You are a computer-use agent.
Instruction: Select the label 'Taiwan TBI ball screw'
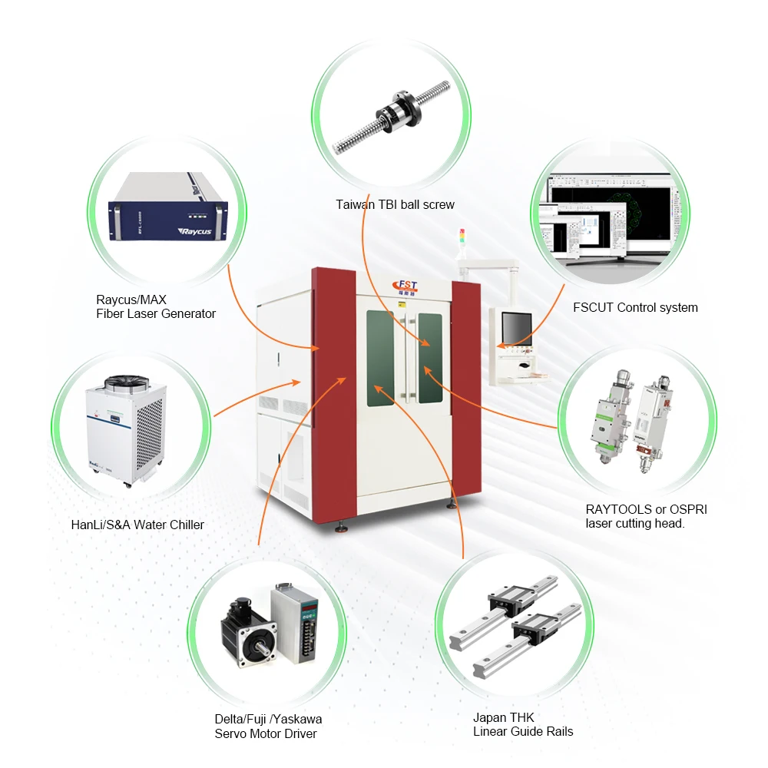[395, 204]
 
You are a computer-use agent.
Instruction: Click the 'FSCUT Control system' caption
[635, 307]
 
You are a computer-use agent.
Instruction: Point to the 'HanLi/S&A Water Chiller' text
[137, 525]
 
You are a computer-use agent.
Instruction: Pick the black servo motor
[248, 634]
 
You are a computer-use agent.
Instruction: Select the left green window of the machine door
[381, 356]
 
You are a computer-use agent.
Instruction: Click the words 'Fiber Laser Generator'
[156, 313]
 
